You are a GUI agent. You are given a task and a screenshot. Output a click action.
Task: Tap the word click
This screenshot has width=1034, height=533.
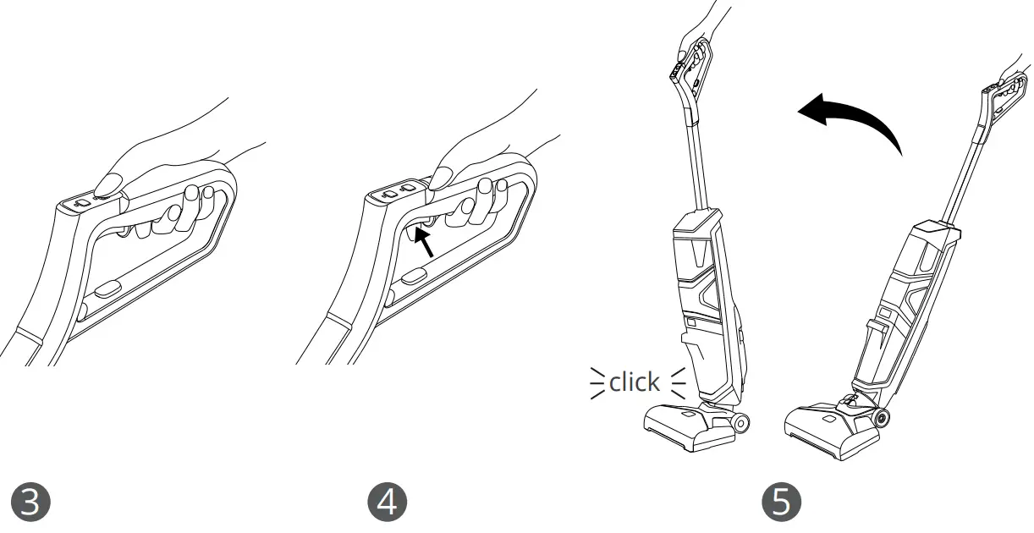[x=634, y=382]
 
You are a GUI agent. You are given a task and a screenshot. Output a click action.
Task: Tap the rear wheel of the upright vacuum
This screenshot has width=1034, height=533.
[x=742, y=422]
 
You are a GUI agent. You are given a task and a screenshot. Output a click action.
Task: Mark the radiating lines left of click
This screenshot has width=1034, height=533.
[x=598, y=382]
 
